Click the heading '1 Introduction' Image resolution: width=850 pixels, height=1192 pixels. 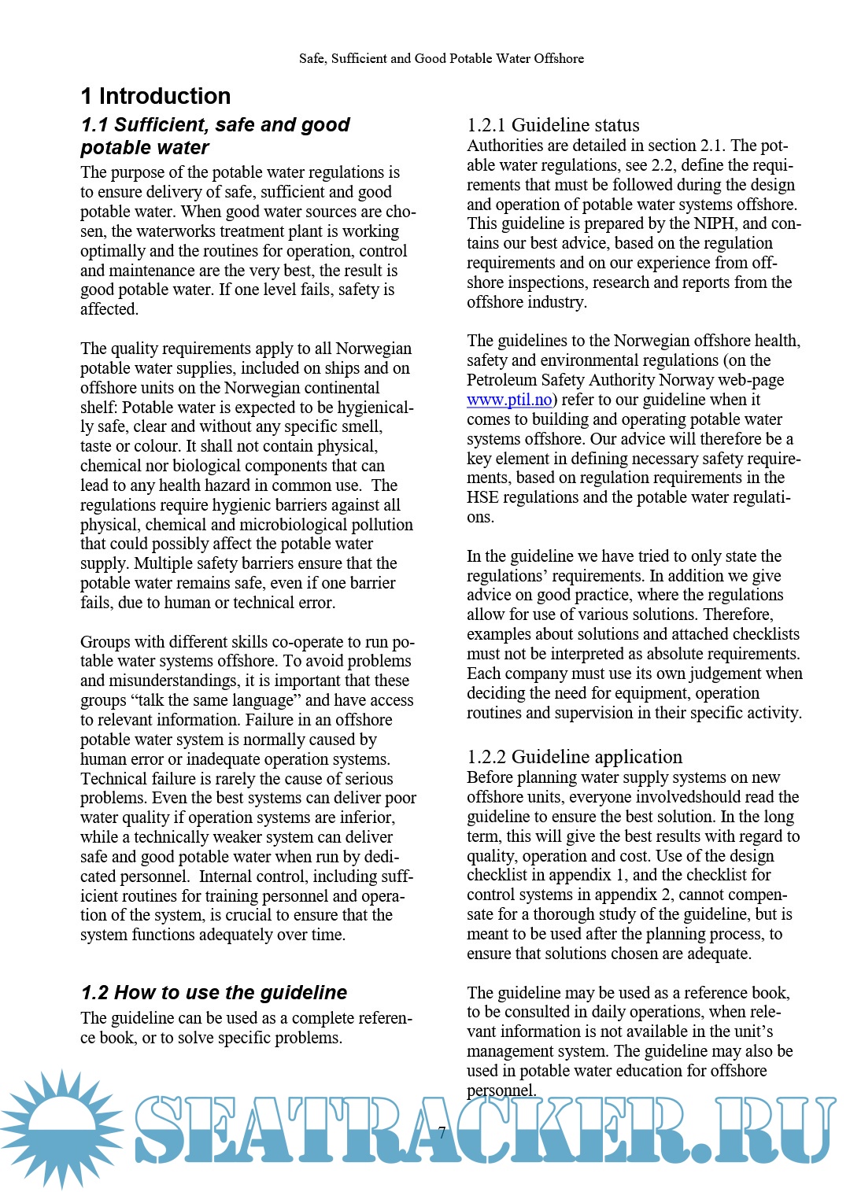coord(156,96)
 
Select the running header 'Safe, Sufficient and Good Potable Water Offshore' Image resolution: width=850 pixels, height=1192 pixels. coord(441,58)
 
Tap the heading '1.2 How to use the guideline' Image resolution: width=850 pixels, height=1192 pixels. coord(213,992)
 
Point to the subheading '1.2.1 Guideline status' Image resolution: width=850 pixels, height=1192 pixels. coord(552,125)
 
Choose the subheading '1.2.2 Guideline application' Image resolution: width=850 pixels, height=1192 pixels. coord(575,757)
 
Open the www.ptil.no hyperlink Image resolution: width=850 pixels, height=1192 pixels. coord(509,400)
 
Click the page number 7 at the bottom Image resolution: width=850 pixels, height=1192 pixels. coord(442,1132)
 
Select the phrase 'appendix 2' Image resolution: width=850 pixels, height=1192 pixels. coord(627,895)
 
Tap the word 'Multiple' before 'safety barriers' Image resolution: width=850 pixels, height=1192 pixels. coord(164,563)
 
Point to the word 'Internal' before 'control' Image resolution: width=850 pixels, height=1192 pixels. coord(227,876)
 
